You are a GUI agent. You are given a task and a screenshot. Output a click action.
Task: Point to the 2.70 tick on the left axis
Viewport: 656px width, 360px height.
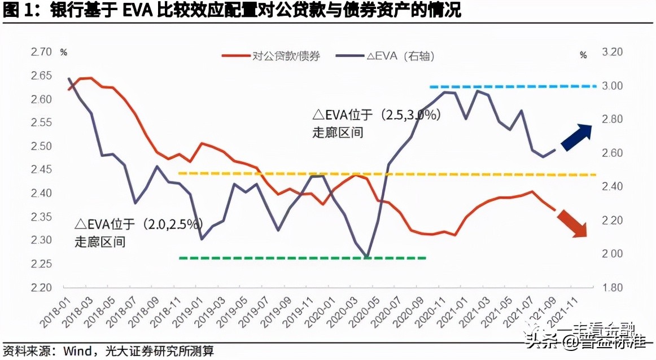click(41, 52)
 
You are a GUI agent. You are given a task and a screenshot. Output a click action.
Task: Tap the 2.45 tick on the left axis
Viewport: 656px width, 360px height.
click(41, 170)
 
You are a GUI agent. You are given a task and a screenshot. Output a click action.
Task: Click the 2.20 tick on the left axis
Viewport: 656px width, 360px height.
click(41, 287)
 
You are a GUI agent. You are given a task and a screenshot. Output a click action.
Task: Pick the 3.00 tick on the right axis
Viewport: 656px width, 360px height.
click(612, 86)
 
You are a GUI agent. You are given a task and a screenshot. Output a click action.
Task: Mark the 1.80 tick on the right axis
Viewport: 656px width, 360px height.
click(612, 287)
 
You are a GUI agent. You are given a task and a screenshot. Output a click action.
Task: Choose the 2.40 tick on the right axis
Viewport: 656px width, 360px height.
click(612, 187)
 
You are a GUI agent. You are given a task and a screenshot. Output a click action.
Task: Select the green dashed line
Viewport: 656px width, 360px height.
click(302, 258)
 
